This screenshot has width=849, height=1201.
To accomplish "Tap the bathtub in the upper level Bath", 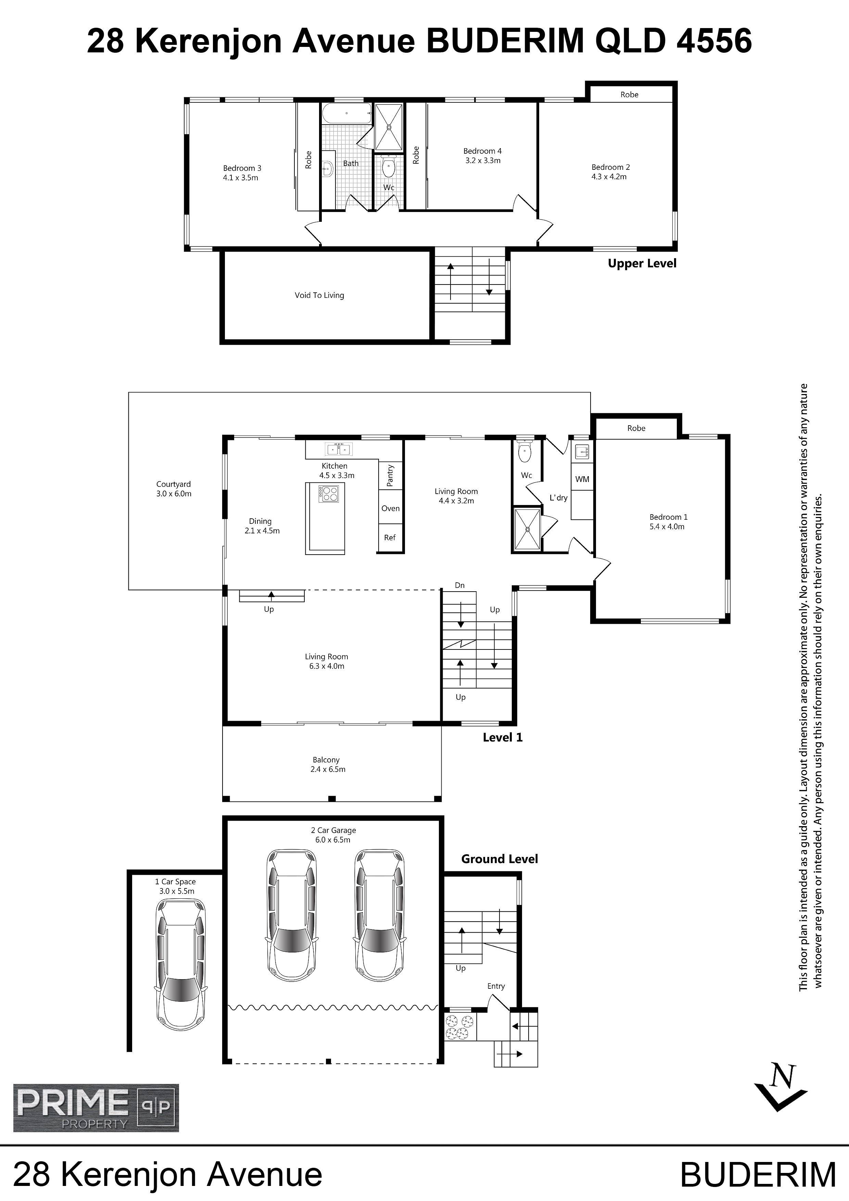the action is pyautogui.click(x=347, y=114).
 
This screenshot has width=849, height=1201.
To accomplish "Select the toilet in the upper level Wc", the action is pyautogui.click(x=388, y=167).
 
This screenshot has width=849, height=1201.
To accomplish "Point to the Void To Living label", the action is pyautogui.click(x=319, y=295).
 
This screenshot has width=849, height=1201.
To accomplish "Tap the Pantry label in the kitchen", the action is pyautogui.click(x=390, y=476).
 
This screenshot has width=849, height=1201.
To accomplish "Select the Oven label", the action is pyautogui.click(x=390, y=508).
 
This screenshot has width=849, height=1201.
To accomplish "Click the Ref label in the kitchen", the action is pyautogui.click(x=390, y=537).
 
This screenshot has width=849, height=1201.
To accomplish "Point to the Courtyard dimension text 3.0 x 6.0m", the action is pyautogui.click(x=174, y=494).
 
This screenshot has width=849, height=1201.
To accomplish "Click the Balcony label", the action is pyautogui.click(x=326, y=759).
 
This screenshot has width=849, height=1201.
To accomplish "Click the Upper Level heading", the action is pyautogui.click(x=642, y=264).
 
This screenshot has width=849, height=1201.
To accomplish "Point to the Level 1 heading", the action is pyautogui.click(x=503, y=737).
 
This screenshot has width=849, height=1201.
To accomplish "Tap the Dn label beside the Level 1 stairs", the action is pyautogui.click(x=460, y=585).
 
